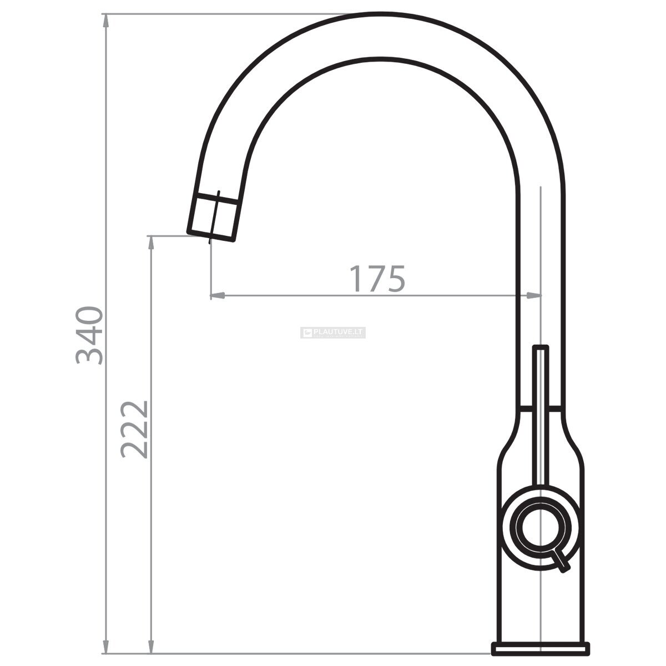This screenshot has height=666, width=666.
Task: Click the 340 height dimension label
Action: [x=89, y=335]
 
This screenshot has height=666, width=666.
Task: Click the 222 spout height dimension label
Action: [x=134, y=429]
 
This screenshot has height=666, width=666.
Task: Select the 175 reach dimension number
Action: [x=377, y=279]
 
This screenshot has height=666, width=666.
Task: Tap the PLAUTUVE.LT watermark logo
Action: [x=333, y=332]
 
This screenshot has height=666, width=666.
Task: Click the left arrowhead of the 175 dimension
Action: [x=218, y=295]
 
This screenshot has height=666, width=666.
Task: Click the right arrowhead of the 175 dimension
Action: [x=533, y=295]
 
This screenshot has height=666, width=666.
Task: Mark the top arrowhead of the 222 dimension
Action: [x=151, y=243]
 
